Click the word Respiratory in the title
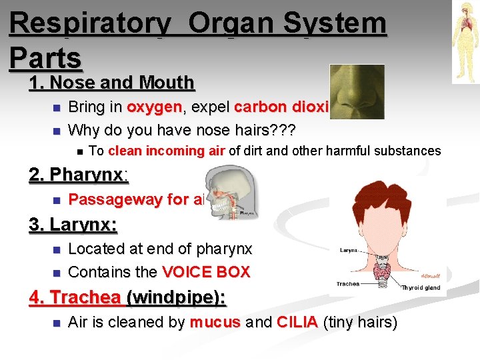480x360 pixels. [90, 24]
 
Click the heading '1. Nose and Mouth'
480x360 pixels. [111, 83]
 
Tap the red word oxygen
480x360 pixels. [154, 107]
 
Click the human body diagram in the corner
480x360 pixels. [465, 41]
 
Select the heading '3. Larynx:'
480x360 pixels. [73, 225]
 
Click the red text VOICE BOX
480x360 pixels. [205, 272]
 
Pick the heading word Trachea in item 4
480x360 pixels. [84, 297]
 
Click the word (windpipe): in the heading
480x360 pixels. [178, 297]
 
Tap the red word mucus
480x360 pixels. [214, 323]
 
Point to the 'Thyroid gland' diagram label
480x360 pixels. [421, 287]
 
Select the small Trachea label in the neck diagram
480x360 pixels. [348, 283]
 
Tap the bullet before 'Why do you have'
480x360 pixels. [57, 131]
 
